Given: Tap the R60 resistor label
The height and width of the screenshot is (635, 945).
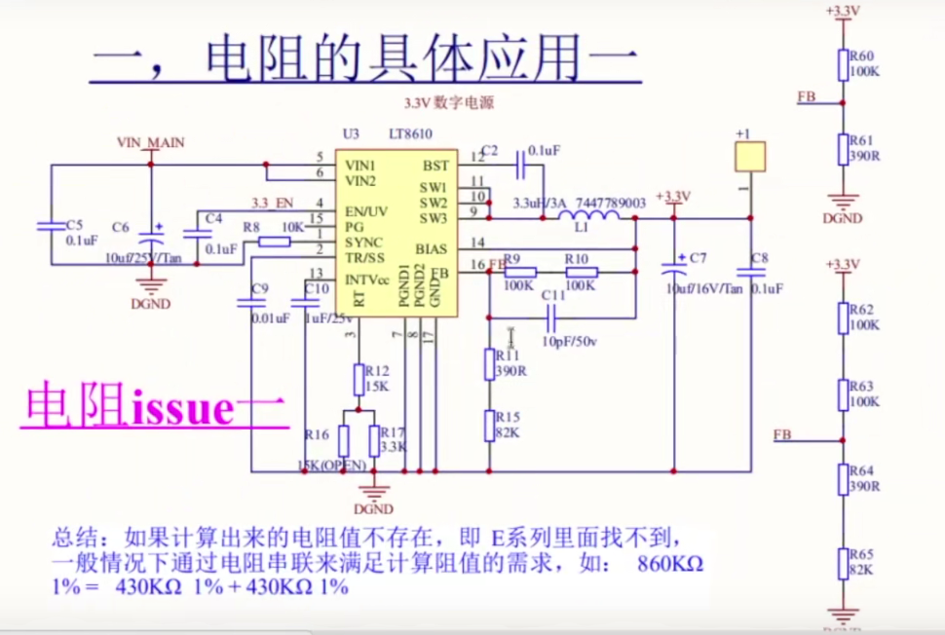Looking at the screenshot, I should (863, 56).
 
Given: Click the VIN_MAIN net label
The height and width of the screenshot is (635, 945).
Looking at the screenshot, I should (150, 142).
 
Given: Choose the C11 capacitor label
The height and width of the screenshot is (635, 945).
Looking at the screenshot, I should (553, 294).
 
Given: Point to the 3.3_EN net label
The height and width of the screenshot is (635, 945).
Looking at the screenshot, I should (272, 203).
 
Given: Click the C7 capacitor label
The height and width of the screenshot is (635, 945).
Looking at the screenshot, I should (698, 258).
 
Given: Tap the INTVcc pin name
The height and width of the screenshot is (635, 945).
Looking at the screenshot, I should (368, 280).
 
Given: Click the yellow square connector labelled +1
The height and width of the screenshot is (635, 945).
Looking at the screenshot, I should (750, 156).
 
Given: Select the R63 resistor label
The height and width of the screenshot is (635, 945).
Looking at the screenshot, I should (861, 387).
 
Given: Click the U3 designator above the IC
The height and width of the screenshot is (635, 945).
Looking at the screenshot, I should (351, 133).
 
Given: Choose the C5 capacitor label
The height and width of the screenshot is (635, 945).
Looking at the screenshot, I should (74, 225).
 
